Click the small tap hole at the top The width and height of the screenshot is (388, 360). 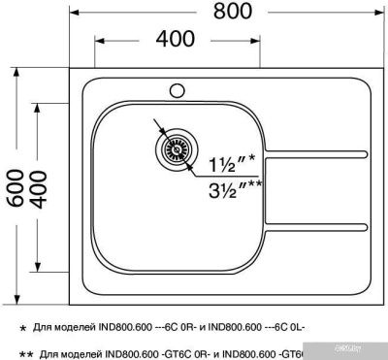(x=178, y=91)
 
